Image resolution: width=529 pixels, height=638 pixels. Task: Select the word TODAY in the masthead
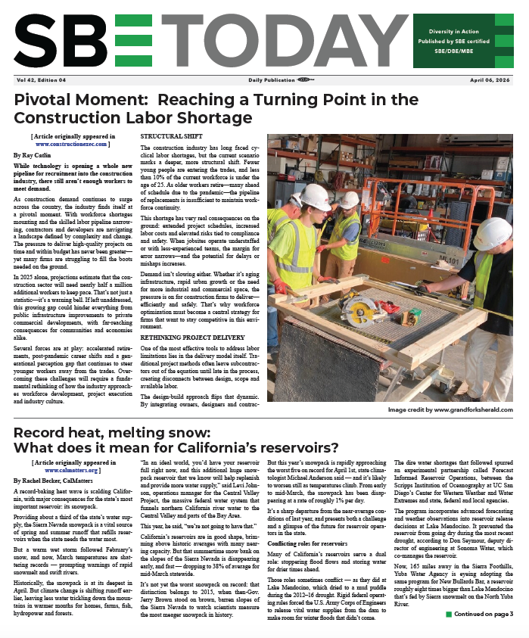tap(255, 42)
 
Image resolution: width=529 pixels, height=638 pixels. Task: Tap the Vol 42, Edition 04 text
tap(40, 79)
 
